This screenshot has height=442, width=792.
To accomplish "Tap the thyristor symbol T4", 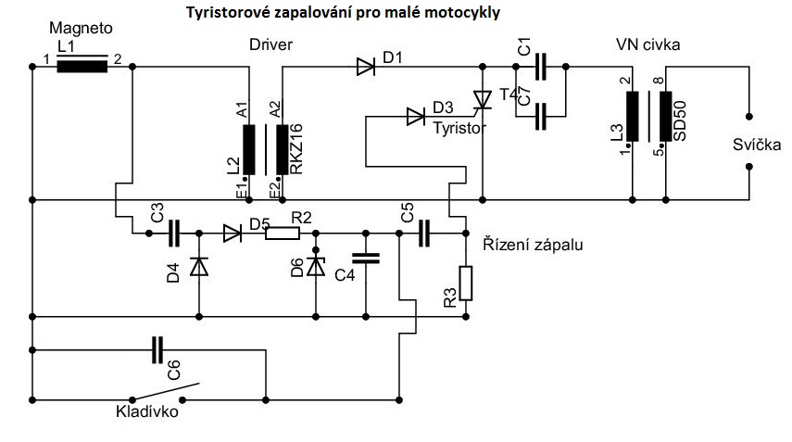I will pos(481,99).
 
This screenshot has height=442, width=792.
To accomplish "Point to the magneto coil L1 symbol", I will pos(82,66).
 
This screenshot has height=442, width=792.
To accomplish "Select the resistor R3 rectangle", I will pos(466,284).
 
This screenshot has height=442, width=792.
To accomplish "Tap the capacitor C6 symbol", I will pos(158,350).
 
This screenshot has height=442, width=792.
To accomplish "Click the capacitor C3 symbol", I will pos(174,234).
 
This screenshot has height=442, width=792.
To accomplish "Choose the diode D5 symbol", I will pos(232,234).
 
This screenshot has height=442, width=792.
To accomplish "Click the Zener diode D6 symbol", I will pos(316,267).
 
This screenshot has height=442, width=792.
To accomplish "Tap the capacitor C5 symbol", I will pos(424,234).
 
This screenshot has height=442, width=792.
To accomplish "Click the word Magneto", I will pos(73,32).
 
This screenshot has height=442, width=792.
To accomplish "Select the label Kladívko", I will pos(146,412).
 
